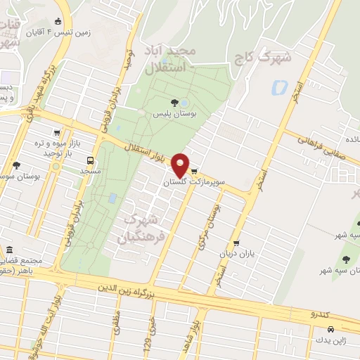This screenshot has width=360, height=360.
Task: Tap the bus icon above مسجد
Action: (89, 160)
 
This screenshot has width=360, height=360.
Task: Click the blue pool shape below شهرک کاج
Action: (279, 89)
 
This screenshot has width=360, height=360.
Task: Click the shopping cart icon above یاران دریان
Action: (237, 243)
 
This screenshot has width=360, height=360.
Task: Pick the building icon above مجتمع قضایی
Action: (9, 250)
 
